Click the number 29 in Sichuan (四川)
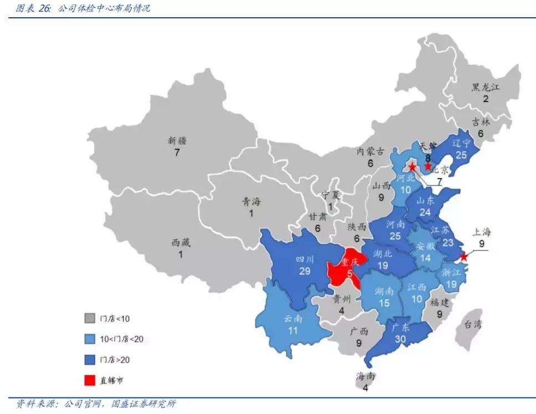[x=304, y=270]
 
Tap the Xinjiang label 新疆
[x=177, y=141]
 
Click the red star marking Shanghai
[x=464, y=257]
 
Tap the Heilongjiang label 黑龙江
[x=486, y=88]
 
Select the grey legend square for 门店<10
[x=89, y=319]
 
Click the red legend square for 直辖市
[x=89, y=380]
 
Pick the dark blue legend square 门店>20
[x=89, y=360]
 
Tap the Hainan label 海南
[x=365, y=377]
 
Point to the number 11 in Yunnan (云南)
[x=293, y=330]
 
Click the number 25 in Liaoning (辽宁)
[x=461, y=155]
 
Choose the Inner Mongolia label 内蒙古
[x=370, y=151]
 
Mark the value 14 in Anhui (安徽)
[x=425, y=258]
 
